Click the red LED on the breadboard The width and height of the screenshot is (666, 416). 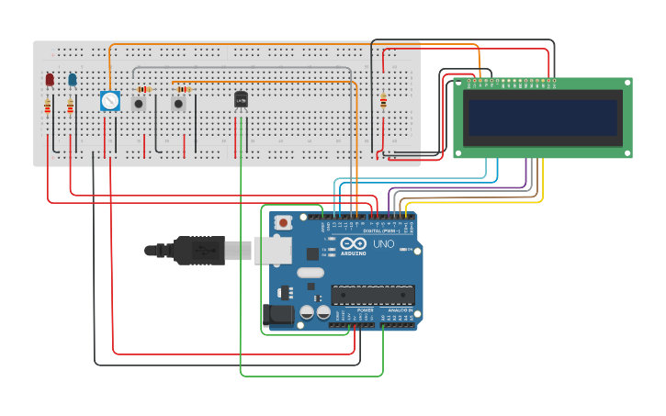50,80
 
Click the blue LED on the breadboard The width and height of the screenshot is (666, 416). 72,80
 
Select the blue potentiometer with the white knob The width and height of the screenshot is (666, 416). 109,101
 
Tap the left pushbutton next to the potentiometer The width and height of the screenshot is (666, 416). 139,103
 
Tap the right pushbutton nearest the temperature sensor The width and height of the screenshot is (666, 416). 178,103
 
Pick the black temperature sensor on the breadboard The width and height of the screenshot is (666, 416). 241,98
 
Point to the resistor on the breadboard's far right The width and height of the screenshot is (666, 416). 383,102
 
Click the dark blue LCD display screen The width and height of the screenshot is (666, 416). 542,117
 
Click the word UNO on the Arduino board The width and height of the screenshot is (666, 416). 382,245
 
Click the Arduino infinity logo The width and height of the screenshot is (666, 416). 354,243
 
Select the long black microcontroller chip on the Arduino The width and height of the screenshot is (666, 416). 372,295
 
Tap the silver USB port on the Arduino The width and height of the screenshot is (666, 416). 272,250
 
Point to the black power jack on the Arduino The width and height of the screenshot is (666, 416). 275,315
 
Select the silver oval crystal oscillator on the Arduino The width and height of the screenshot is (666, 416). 310,272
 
